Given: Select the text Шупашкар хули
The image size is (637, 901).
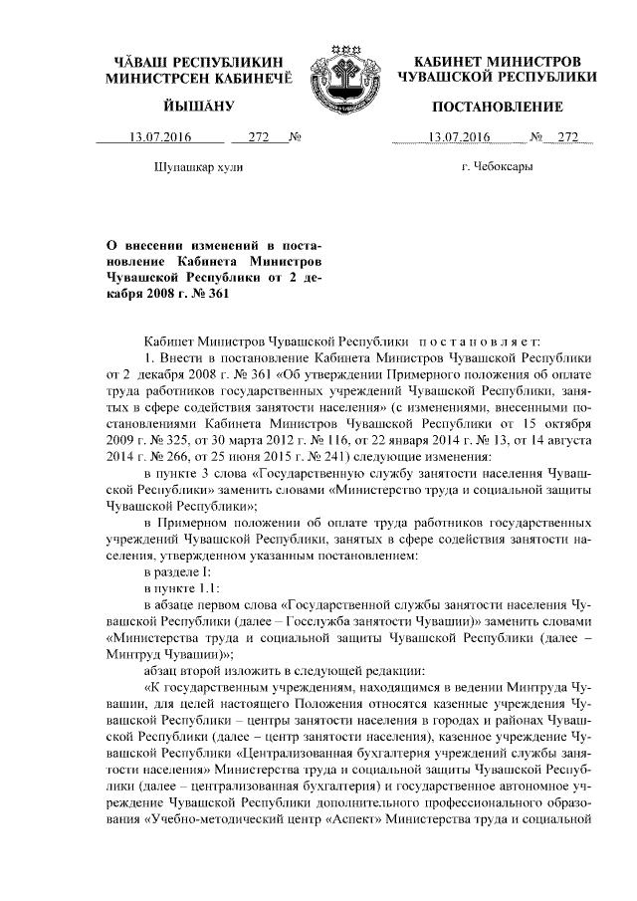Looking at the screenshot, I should [x=199, y=166].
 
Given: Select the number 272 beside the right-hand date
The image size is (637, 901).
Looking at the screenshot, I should [x=568, y=137].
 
